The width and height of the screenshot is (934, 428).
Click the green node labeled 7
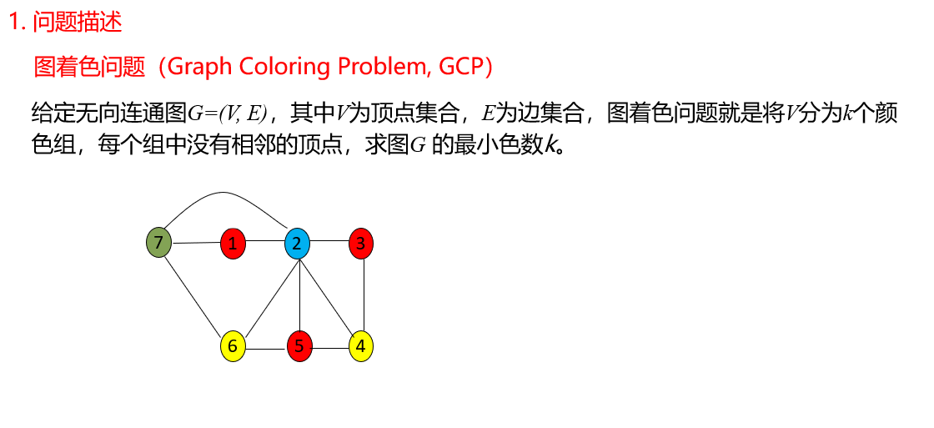click(158, 243)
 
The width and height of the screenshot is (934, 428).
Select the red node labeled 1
click(233, 244)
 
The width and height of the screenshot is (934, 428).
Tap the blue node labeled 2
click(297, 244)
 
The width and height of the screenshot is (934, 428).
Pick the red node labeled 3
click(361, 244)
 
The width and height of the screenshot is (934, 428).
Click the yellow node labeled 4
click(361, 345)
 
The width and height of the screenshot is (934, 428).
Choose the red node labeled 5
click(299, 345)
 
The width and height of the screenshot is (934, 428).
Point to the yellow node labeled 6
click(233, 345)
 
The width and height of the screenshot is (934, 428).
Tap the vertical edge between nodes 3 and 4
click(364, 295)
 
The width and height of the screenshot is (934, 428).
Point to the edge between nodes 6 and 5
click(265, 345)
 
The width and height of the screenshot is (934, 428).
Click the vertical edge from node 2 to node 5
click(299, 295)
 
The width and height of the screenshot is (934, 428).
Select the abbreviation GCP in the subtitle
click(459, 67)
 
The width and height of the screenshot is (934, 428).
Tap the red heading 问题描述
click(77, 22)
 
